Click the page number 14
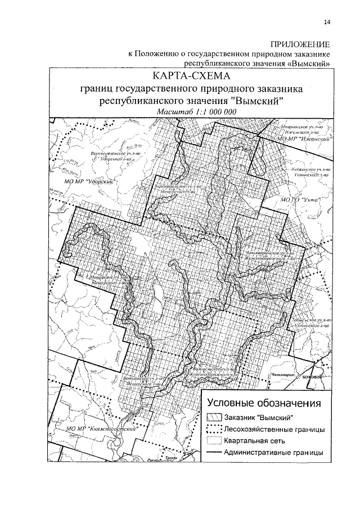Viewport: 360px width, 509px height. [x=327, y=22]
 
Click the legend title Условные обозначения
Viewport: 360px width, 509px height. [x=264, y=403]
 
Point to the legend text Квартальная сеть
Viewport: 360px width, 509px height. [x=255, y=441]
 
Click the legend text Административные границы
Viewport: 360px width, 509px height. [x=273, y=452]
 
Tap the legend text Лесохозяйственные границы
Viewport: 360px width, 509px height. [x=273, y=430]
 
